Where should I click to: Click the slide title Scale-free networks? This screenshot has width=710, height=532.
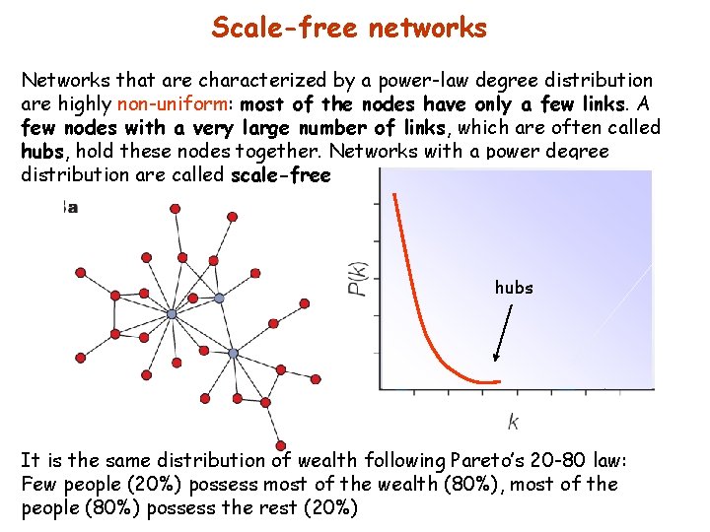pos(349,27)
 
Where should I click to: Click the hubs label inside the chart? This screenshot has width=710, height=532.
pos(514,288)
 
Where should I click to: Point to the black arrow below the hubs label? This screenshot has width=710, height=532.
pos(504,336)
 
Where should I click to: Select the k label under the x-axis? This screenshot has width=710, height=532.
pos(513,422)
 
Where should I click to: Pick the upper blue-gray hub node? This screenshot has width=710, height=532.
pos(172,314)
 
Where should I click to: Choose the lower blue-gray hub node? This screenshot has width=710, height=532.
pos(234,353)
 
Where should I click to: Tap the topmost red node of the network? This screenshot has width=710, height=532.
pos(176,209)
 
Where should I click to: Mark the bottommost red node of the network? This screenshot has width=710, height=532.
pos(281,445)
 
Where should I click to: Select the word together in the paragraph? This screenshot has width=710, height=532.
pos(283,152)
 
